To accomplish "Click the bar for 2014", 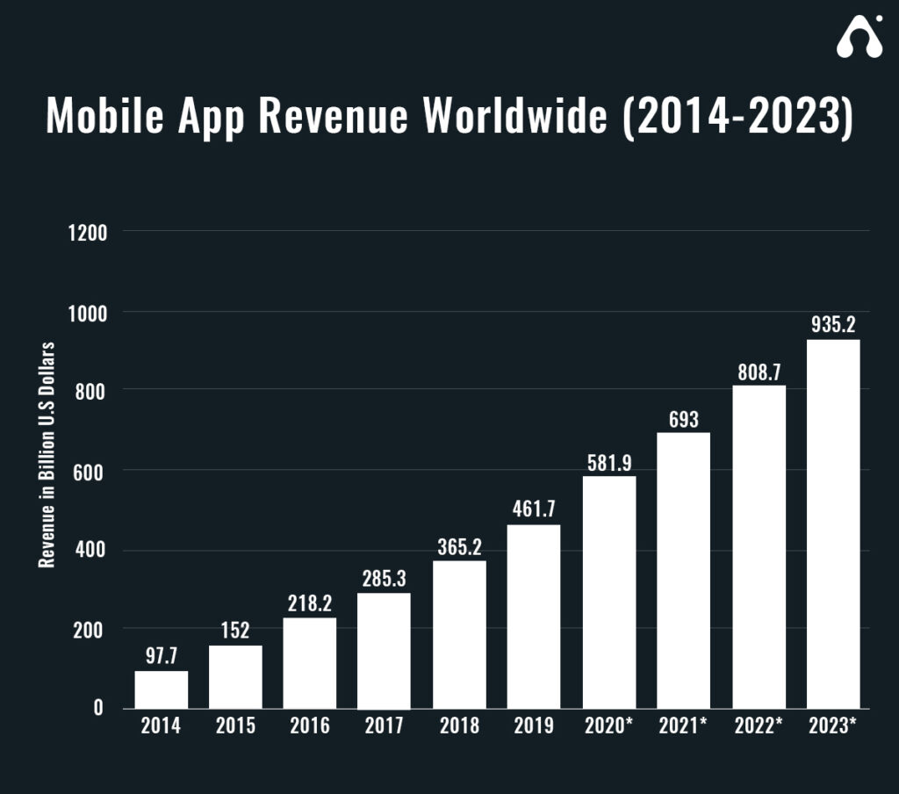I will point(161,689).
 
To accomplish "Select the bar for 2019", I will point(534,617).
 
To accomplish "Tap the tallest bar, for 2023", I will point(832,523).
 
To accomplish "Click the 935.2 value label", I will point(832,326).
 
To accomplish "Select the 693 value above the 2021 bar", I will point(683,419).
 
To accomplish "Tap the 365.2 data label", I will point(459,546).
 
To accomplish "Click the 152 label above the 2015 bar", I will point(235,631).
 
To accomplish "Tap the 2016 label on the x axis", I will point(310,727).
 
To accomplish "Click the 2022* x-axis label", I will point(759,727).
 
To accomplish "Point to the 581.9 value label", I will point(609,462).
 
